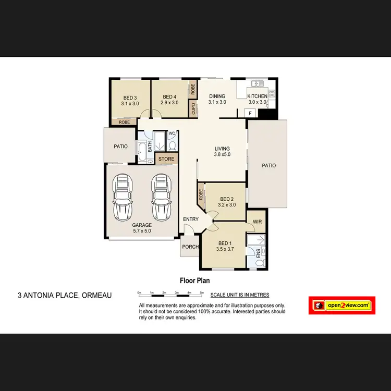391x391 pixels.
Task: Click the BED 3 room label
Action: click(x=130, y=97)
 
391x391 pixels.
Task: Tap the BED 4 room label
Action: click(x=169, y=96)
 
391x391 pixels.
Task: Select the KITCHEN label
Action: click(x=257, y=96)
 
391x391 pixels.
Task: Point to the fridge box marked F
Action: click(x=250, y=113)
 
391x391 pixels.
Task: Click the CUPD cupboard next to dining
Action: click(x=194, y=109)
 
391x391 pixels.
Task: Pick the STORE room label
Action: click(x=166, y=159)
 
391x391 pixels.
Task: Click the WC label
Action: click(x=171, y=133)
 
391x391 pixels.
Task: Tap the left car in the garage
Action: click(x=123, y=197)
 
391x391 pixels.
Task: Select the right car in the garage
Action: click(x=160, y=197)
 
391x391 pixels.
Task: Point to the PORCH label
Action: click(x=190, y=247)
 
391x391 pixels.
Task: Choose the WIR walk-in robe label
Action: click(x=256, y=222)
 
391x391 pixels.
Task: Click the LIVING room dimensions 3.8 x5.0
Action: click(x=222, y=154)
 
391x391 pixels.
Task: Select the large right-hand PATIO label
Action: click(x=268, y=165)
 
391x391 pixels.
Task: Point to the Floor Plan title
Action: click(x=194, y=280)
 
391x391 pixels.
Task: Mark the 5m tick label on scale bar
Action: click(x=202, y=293)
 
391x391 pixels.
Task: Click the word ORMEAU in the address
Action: click(x=96, y=296)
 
